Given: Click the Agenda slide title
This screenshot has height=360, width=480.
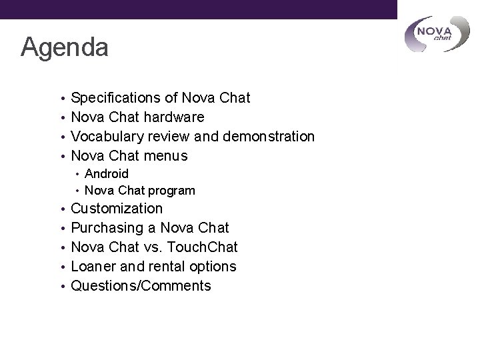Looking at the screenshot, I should pos(65,47).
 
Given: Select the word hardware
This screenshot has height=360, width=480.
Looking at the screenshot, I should pos(172,118).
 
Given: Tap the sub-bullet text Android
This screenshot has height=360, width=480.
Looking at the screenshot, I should pos(107,173).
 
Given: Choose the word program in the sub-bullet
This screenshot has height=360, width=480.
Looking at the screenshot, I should pos(172,191).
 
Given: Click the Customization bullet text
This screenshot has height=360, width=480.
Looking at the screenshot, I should pos(117,209).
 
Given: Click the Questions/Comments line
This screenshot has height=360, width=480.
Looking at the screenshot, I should pos(141,286).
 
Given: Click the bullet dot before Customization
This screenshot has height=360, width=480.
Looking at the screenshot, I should pos(62,209).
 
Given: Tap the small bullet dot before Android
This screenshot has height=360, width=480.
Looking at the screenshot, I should pos(78,174).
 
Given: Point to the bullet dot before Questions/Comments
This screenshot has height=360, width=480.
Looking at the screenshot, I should pos(62,287).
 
